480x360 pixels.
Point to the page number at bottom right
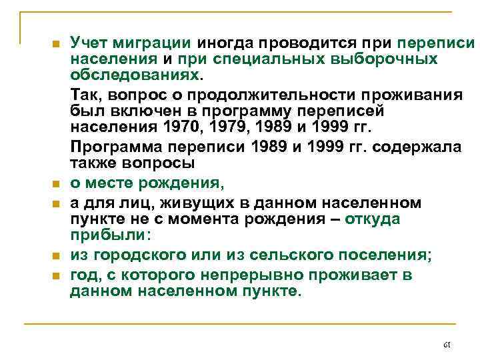coord(447,345)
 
